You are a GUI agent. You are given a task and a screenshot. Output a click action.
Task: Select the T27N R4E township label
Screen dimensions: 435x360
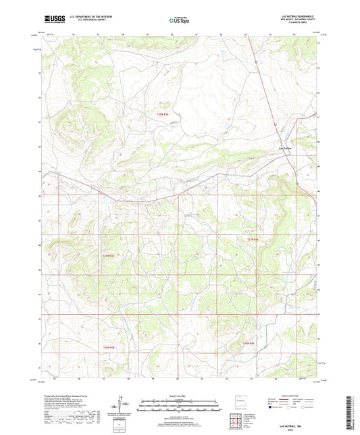coord(253,239)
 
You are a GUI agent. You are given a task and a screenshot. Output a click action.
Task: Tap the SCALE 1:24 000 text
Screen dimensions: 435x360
coord(180,396)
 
